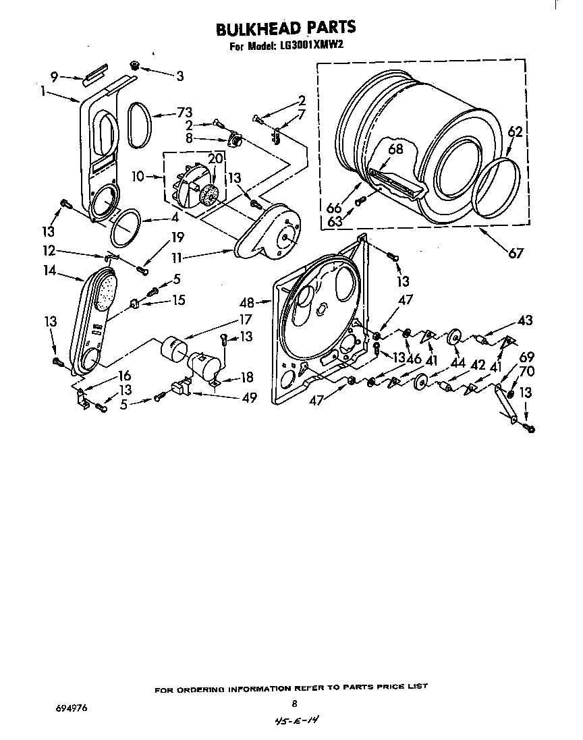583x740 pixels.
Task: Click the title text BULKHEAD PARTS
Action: pos(285,28)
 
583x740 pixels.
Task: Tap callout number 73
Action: pos(184,113)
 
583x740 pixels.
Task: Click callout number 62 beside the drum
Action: pos(515,132)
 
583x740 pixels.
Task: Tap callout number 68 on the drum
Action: pos(395,149)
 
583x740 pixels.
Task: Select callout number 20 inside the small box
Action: pos(215,159)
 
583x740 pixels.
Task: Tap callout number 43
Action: pos(524,320)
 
